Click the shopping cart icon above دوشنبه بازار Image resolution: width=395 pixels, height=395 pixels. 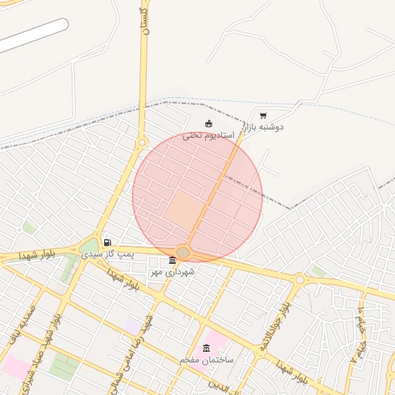point(263,115)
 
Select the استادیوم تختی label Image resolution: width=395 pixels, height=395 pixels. point(203,135)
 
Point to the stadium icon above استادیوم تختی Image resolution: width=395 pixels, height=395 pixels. point(208,123)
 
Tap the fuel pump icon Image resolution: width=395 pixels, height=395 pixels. point(106,243)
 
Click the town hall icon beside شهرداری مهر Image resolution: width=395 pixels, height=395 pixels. point(172,260)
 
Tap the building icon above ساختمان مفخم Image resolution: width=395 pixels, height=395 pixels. point(206,349)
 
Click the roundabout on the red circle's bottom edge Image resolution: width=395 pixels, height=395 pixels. point(183,252)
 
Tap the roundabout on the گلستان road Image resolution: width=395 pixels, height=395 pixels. point(141,143)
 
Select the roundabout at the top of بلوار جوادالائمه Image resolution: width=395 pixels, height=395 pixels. point(299,279)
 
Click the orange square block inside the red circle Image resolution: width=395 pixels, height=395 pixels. point(184,210)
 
